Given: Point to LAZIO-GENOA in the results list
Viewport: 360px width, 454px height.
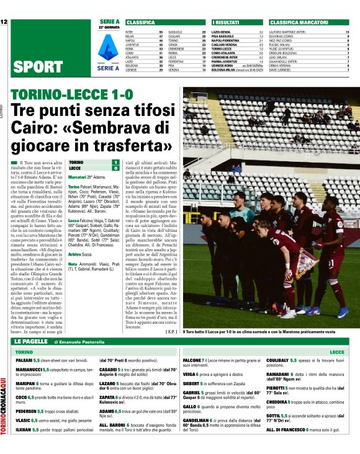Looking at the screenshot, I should click(x=222, y=31).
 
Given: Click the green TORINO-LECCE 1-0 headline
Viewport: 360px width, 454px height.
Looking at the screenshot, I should click(x=76, y=95).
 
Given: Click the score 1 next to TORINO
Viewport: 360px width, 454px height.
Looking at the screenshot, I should click(x=115, y=162).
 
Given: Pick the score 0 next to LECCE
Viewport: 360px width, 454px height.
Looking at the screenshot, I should click(x=115, y=168).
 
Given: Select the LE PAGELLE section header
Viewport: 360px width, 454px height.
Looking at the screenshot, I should click(x=31, y=341).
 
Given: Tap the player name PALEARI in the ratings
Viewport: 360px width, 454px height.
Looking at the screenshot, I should click(x=24, y=360).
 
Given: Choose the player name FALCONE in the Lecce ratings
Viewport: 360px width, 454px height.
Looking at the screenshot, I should click(x=193, y=360).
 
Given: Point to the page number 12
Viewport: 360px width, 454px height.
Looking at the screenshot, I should click(x=4, y=22).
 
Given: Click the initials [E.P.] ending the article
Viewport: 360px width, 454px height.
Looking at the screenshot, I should click(x=172, y=332).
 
